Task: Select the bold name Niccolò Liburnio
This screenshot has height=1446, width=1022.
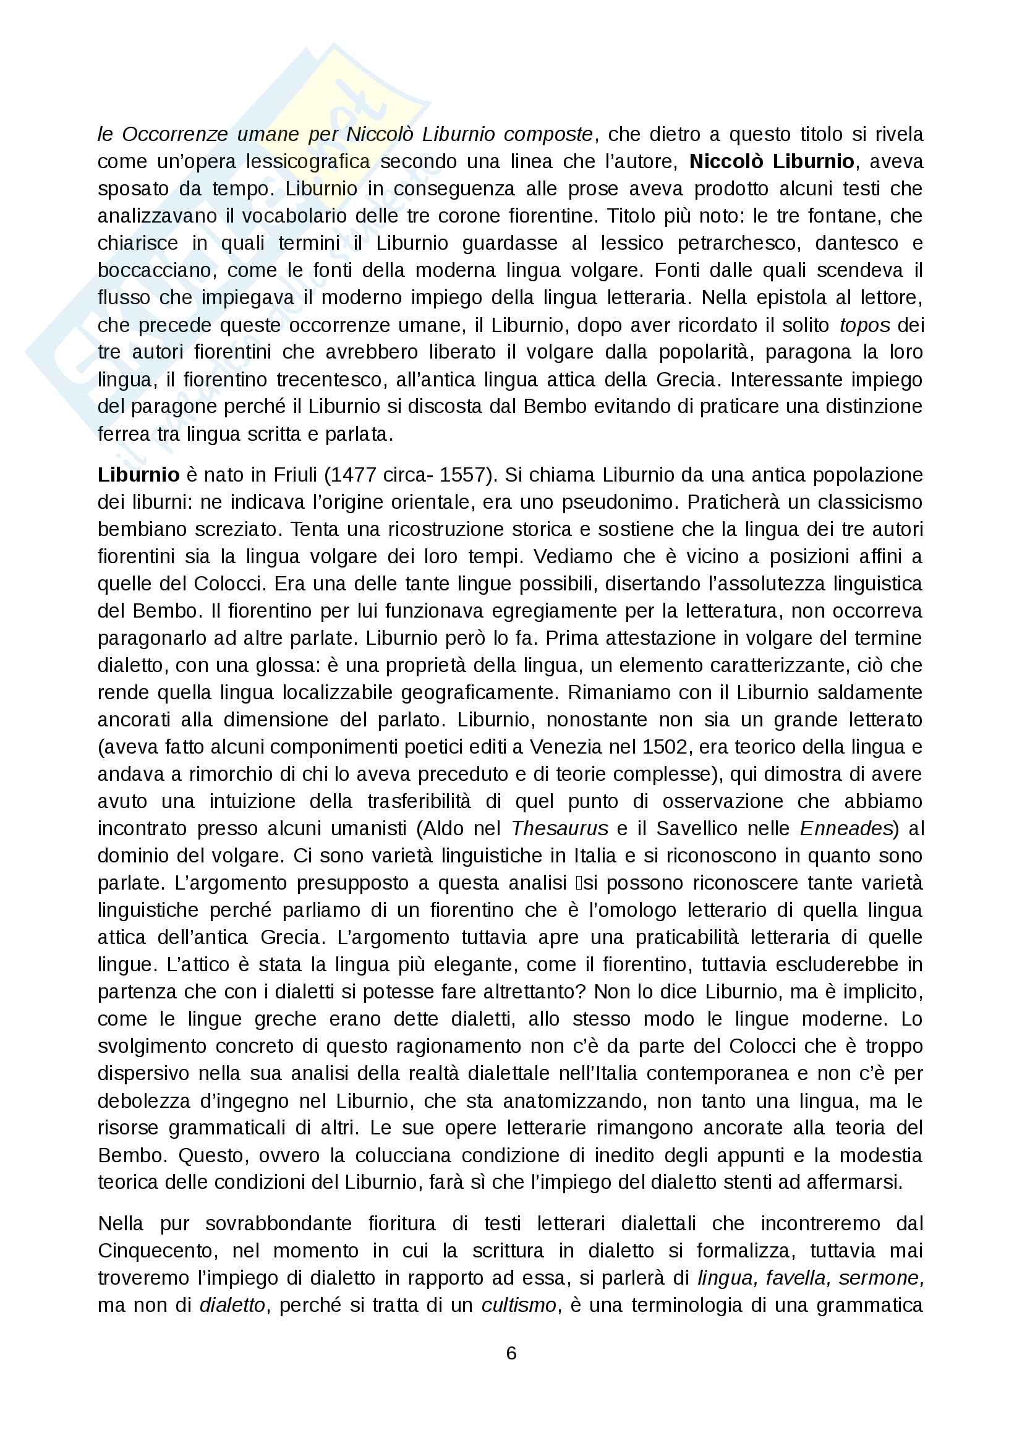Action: coord(772,161)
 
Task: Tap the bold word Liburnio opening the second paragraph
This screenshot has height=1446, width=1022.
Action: coord(138,475)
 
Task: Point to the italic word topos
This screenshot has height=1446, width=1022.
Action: coord(864,325)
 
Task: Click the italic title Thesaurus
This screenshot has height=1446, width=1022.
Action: coord(559,828)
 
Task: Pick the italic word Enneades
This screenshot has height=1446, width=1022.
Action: coord(846,828)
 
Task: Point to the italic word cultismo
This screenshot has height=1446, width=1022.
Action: coord(519,1305)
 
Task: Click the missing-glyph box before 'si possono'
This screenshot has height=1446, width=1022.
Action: coord(577,883)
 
